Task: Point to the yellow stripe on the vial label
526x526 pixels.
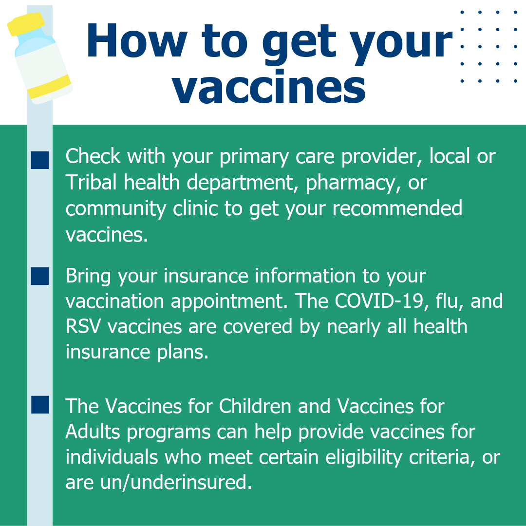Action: coord(49,87)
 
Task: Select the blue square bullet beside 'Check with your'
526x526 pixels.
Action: coord(40,160)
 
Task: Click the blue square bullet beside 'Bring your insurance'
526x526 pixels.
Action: coord(40,276)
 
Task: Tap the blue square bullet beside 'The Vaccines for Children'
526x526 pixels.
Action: coord(40,405)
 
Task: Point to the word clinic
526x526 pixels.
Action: coord(194,208)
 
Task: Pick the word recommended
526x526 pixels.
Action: coord(397,208)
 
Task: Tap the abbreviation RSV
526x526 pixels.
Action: coord(83,326)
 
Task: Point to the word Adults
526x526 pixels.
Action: coord(93,432)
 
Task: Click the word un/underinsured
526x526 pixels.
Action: coord(175,483)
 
